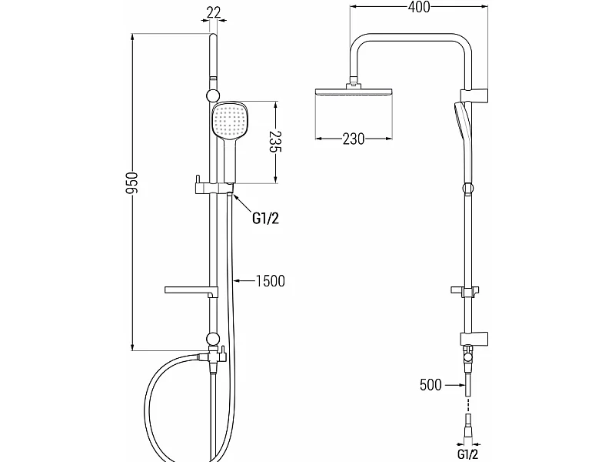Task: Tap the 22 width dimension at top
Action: coord(214,12)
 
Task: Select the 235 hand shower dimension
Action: coord(276,142)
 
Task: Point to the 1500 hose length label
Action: coord(271,281)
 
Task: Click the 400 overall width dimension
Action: coord(419,7)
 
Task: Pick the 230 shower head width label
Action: coord(354,139)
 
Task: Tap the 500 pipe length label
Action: coord(430,384)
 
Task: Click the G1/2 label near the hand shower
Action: coord(265,218)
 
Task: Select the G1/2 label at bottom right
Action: coord(467,454)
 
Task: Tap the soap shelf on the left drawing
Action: coord(191,291)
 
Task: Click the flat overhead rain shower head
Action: coord(354,92)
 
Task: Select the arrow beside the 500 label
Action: coord(454,385)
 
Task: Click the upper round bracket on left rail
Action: coord(212,95)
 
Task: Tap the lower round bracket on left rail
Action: coord(212,339)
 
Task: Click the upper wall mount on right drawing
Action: coord(474,95)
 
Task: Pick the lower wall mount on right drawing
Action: coord(474,339)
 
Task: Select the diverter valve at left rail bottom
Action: coord(213,357)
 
